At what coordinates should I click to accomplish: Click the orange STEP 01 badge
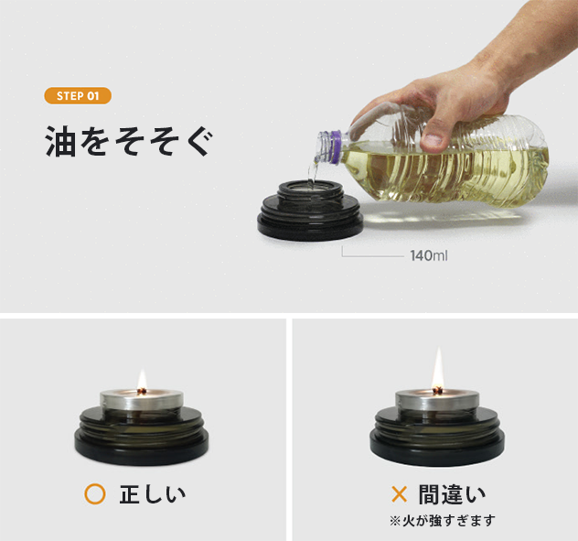[x=78, y=96]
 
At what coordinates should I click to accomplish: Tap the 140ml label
[x=428, y=255]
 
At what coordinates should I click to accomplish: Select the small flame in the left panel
[x=142, y=379]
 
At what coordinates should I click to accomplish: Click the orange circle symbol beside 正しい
[x=94, y=495]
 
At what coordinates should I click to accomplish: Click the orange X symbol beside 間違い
[x=399, y=495]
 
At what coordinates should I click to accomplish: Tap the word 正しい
[x=153, y=495]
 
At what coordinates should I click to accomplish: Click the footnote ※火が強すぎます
[x=442, y=520]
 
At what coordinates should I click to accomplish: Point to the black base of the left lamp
[x=143, y=444]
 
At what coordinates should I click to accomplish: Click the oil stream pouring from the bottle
[x=315, y=174]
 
